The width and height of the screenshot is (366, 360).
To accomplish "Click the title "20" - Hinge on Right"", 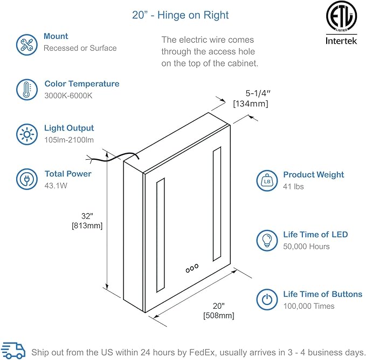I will click(x=181, y=15).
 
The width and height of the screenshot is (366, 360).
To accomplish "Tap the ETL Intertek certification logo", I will click(x=341, y=24).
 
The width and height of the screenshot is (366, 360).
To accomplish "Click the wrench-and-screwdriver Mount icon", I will click(x=25, y=43).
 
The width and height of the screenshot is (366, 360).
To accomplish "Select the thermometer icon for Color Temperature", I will click(x=25, y=90).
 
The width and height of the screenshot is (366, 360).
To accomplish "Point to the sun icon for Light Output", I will click(x=25, y=133).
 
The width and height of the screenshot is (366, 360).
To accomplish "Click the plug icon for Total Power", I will click(x=25, y=179).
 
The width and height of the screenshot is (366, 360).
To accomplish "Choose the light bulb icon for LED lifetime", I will click(x=266, y=240).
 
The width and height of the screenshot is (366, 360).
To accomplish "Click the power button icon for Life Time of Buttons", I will click(x=266, y=300).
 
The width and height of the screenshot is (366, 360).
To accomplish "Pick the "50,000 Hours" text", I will click(x=306, y=247).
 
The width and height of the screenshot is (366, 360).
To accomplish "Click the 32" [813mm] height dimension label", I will click(x=87, y=221).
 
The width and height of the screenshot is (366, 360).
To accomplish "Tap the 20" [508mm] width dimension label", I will click(x=218, y=310).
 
